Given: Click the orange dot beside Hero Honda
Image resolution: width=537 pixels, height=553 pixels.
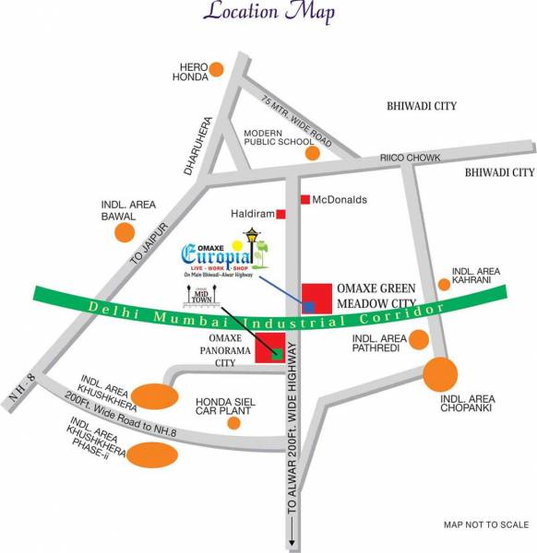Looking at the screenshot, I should click(216, 68).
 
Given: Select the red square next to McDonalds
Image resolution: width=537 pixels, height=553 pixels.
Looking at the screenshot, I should click(304, 199).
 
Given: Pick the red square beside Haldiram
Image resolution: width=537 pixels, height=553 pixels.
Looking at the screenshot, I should click(281, 214).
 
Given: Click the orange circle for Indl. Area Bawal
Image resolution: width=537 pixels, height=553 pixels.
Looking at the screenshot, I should click(124, 231).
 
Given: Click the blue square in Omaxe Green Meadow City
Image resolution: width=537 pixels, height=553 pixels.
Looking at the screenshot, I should click(311, 306).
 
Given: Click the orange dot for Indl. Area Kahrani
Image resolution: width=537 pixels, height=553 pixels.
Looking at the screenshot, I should click(444, 283).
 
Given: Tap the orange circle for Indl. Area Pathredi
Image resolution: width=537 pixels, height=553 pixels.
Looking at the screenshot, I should click(419, 340).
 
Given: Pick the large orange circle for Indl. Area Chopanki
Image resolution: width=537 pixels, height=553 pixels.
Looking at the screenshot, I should click(441, 374).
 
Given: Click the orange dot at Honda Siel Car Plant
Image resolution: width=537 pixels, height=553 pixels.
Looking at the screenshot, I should click(233, 423).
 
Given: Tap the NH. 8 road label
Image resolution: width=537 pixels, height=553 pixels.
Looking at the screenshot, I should click(17, 376).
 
